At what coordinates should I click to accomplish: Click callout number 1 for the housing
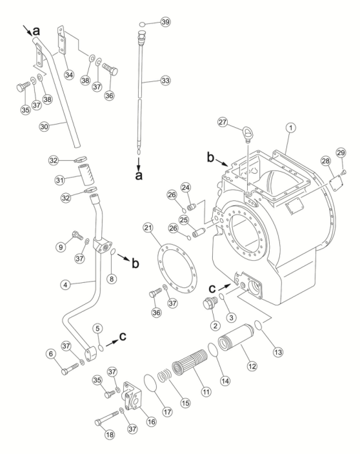pos(291,127)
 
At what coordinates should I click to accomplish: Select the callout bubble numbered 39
pos(165,22)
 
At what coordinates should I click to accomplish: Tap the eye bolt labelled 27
pos(246,134)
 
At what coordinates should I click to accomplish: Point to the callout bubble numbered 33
pos(165,81)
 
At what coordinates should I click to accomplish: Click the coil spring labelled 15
pos(165,376)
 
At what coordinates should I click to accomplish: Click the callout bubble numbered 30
pos(45,127)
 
